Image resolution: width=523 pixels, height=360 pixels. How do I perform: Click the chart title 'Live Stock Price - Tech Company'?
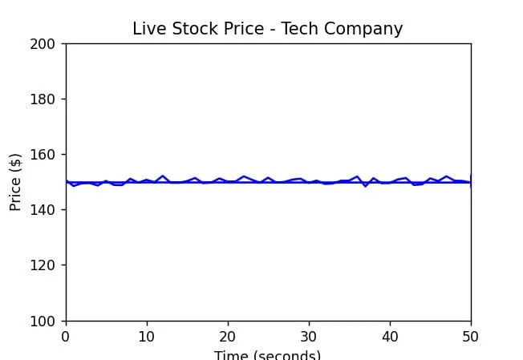(x=267, y=29)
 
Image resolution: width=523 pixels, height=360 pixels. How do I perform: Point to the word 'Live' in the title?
(x=148, y=29)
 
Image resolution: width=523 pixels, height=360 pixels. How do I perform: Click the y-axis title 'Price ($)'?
(x=15, y=181)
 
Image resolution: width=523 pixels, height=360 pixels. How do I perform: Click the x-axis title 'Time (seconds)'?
(x=267, y=355)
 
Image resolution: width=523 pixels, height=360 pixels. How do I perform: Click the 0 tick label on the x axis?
(x=66, y=337)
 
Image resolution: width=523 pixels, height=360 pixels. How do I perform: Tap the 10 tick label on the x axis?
(x=147, y=337)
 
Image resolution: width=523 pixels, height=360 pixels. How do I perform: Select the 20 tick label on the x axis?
(x=228, y=337)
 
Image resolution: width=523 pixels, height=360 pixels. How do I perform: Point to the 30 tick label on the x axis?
(x=309, y=337)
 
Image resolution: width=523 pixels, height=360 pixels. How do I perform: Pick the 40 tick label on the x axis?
(x=390, y=337)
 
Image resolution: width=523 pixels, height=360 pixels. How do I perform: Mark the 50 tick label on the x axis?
(x=471, y=337)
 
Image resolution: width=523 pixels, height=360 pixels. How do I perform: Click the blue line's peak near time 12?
(x=163, y=176)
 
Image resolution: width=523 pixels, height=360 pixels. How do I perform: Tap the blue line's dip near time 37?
(x=366, y=186)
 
